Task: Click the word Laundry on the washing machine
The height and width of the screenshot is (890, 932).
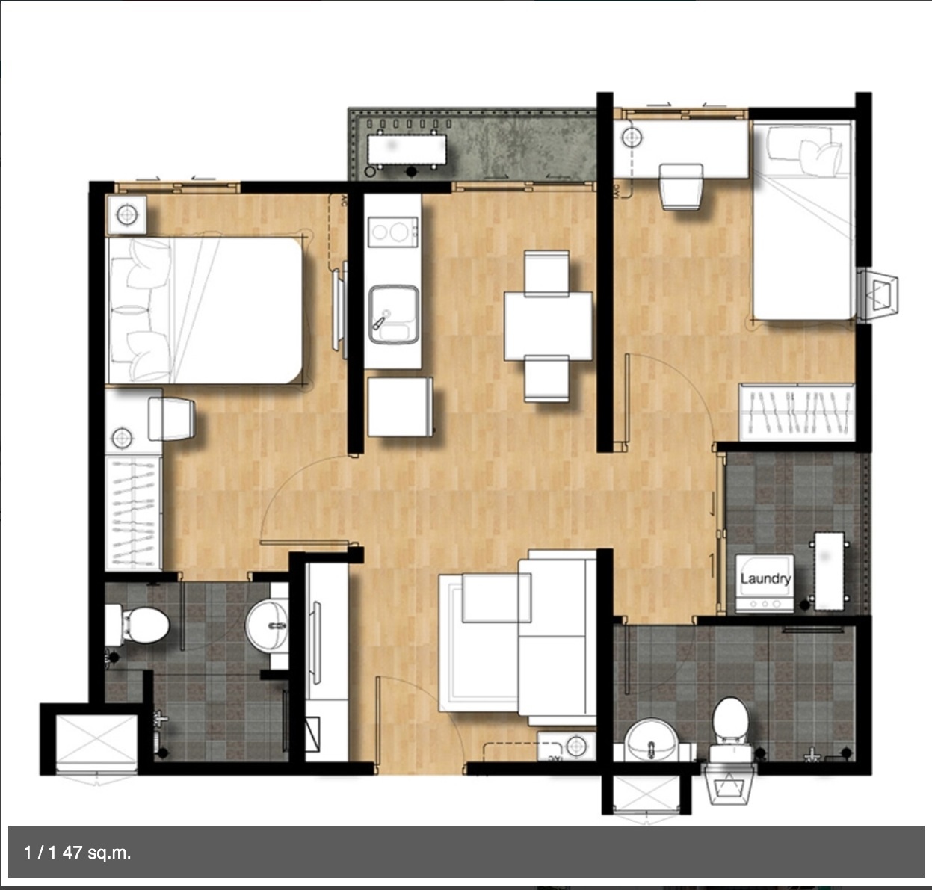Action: pos(765,578)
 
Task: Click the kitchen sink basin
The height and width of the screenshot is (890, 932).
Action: pos(393,315)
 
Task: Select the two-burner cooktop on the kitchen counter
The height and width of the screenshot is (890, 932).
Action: pos(392,232)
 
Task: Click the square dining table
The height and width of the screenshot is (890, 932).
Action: pos(548,326)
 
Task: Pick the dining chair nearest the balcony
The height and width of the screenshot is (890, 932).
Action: pos(546,273)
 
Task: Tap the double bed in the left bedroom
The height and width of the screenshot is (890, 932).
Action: pos(205,310)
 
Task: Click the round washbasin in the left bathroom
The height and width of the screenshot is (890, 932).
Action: pos(268,625)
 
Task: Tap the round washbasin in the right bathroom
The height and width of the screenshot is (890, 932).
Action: pos(651,740)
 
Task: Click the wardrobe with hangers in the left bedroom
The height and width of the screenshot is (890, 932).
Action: pos(133,513)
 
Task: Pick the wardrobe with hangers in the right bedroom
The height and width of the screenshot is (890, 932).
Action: pos(797,412)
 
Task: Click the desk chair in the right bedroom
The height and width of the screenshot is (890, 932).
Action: pos(681,187)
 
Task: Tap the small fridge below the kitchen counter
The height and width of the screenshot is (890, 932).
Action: pos(399,407)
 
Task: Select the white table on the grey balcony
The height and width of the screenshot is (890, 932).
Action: pos(407,150)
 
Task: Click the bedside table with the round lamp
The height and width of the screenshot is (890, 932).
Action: pos(127,214)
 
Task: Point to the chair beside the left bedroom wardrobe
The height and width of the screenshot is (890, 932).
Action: pos(171,419)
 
